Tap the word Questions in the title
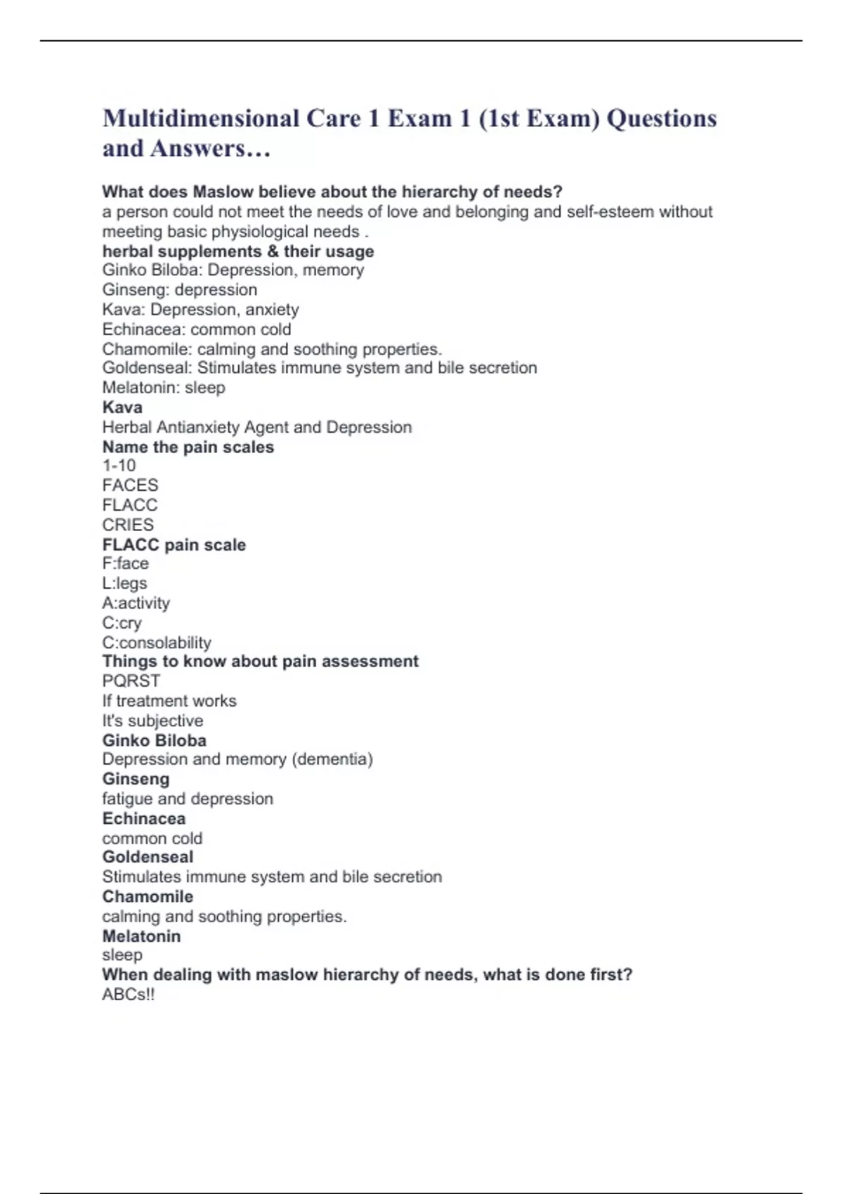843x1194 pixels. point(661,119)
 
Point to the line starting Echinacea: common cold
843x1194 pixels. point(196,329)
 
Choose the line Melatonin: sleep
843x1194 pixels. point(164,388)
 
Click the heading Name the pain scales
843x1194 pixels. point(188,447)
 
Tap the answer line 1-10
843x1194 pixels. point(119,466)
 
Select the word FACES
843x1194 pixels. point(130,485)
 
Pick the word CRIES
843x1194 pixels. point(128,525)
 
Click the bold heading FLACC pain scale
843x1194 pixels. point(174,544)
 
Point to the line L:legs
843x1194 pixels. point(124,583)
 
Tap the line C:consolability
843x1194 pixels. point(156,643)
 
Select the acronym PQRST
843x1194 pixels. point(131,681)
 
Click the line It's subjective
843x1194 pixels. point(152,721)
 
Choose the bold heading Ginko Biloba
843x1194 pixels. point(154,740)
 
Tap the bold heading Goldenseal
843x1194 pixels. point(148,857)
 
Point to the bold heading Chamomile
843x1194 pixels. point(148,896)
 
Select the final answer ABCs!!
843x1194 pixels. point(128,995)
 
